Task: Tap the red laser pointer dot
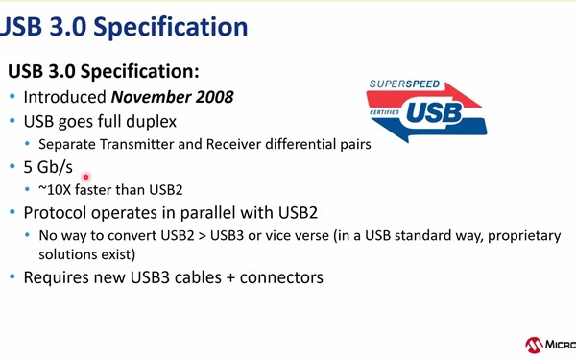coord(86,177)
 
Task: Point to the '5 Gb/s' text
coord(48,166)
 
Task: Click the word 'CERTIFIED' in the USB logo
coord(384,112)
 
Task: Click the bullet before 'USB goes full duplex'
coord(12,123)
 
